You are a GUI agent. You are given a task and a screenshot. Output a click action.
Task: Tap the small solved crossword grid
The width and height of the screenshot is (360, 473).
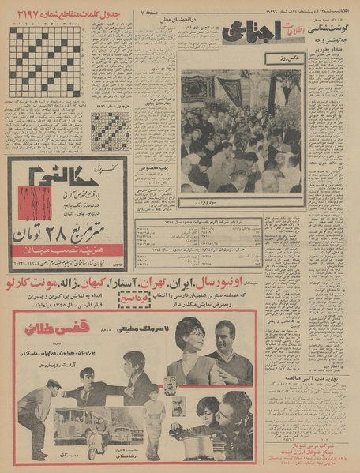110,130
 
